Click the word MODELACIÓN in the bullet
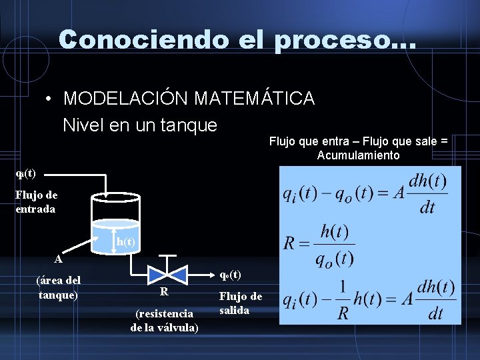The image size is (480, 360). (126, 99)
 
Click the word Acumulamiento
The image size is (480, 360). (359, 155)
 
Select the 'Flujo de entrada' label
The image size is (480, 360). (37, 201)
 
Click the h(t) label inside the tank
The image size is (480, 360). (125, 242)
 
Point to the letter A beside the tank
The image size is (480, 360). (59, 259)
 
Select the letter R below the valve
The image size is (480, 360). (163, 292)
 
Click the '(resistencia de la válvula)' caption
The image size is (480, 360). (164, 320)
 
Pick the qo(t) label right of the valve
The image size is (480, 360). (230, 275)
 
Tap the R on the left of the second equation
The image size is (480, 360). (289, 242)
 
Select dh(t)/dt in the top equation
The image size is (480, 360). (427, 193)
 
